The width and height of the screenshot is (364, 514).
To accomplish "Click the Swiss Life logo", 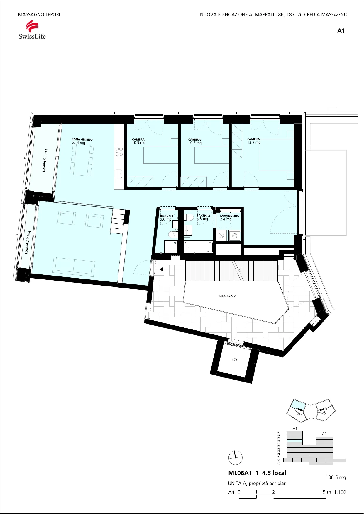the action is tap(32, 30).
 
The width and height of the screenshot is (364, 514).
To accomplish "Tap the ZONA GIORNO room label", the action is tap(82, 141).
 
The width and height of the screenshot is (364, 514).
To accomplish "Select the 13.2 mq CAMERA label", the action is tap(254, 141).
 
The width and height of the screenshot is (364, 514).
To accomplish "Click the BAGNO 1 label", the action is tap(167, 218).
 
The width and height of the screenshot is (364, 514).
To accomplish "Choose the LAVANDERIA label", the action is tap(229, 217).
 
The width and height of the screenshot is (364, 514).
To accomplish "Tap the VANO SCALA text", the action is tap(227, 296).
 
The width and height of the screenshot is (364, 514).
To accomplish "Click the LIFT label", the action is tap(235, 360).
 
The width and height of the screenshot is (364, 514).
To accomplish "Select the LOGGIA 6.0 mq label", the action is tap(45, 160).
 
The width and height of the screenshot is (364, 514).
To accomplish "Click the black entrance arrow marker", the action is tap(161, 269).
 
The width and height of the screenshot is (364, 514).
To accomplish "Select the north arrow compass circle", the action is tap(236, 457).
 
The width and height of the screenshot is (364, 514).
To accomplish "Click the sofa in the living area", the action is tap(74, 266).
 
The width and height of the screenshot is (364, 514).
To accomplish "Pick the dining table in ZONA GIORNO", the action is tap(81, 160).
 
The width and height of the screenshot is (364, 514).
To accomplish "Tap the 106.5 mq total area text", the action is tap(336, 477).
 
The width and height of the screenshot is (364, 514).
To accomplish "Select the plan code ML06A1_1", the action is tap(243, 473).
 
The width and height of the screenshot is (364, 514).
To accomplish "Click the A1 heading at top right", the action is tap(341, 31).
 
